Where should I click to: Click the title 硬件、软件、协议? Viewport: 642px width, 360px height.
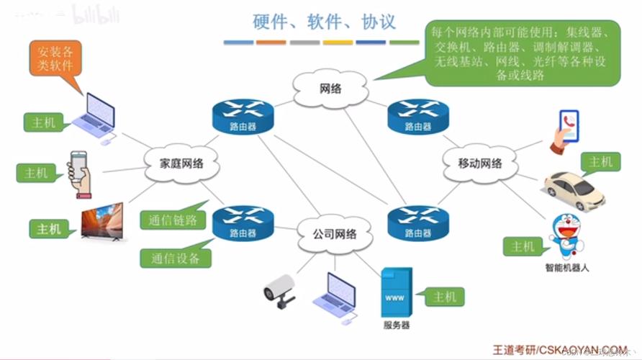(x=324, y=21)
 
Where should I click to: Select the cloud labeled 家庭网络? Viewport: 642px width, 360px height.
(x=181, y=163)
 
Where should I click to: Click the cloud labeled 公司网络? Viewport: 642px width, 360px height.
(x=334, y=234)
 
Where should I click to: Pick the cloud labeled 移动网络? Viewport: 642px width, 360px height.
(x=480, y=163)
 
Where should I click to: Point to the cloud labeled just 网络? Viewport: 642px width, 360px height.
(x=330, y=88)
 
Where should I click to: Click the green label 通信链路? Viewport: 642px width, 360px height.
(x=173, y=220)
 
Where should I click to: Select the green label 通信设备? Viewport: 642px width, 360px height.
(x=175, y=258)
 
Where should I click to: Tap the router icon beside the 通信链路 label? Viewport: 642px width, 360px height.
(x=243, y=222)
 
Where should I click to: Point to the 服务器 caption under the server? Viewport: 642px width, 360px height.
(x=396, y=325)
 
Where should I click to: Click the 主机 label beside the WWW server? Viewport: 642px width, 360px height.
(x=445, y=296)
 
